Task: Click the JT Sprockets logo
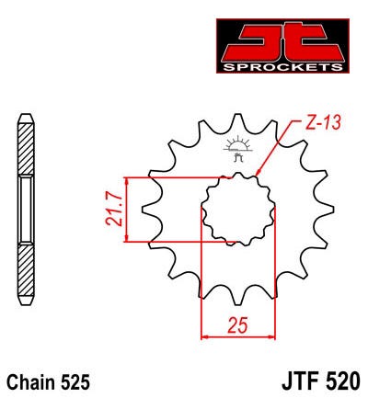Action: click(x=282, y=46)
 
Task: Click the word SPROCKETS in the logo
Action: click(x=282, y=67)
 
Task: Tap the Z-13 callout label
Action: click(x=323, y=122)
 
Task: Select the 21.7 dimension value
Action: click(x=114, y=210)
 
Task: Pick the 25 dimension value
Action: click(x=237, y=324)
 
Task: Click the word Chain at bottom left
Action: click(x=31, y=382)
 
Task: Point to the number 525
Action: click(x=75, y=382)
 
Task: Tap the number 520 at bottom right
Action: click(x=344, y=381)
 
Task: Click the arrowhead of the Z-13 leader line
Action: click(x=258, y=173)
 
